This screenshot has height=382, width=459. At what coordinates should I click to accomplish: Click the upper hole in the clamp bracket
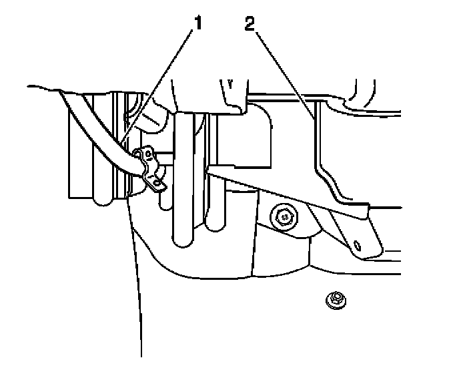139,156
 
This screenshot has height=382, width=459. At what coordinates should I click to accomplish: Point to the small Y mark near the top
230,83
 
